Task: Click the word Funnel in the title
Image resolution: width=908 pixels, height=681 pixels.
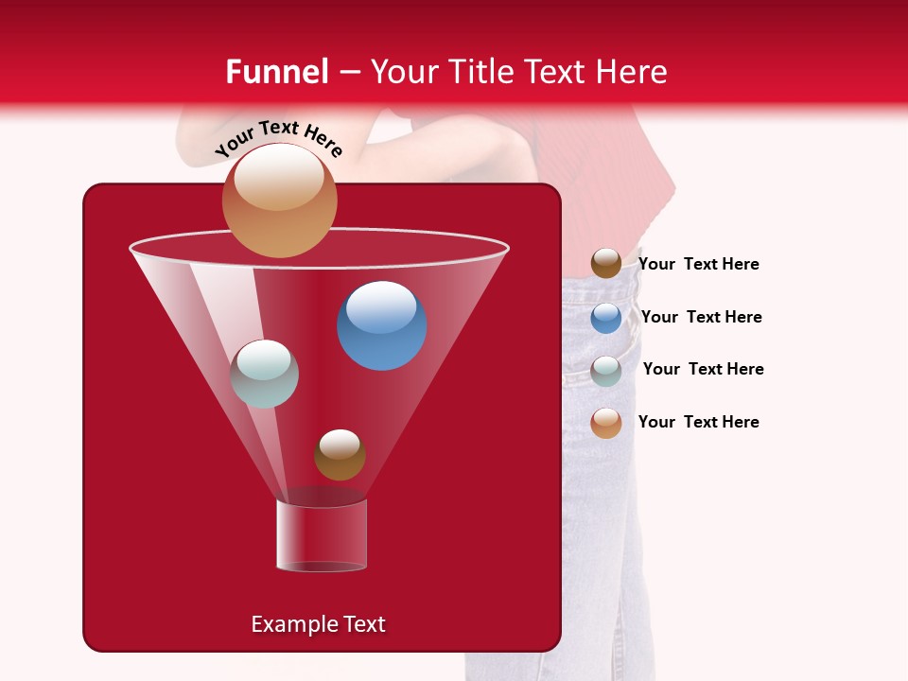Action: (276, 72)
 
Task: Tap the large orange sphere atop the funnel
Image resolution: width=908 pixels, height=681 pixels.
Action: (279, 201)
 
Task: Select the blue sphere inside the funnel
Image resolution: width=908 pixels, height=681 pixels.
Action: (382, 325)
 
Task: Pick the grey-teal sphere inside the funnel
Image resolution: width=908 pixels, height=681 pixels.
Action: (265, 374)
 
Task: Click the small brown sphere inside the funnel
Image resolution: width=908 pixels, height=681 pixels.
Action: (340, 455)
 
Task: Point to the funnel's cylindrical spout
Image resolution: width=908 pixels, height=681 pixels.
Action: (322, 534)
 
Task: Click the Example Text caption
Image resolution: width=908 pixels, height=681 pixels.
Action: (318, 624)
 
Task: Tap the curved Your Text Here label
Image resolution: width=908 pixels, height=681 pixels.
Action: (279, 138)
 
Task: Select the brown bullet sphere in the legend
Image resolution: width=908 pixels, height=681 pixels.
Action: (606, 264)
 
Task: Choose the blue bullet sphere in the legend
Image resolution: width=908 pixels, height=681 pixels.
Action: (606, 318)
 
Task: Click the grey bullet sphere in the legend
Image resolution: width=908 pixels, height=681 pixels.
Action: (606, 371)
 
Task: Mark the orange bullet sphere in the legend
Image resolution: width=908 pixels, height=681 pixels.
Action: (606, 423)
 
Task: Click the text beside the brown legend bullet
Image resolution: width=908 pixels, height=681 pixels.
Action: (698, 264)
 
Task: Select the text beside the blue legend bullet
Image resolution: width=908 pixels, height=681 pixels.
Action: (701, 317)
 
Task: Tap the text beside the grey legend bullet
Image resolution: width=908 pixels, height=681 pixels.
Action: (703, 369)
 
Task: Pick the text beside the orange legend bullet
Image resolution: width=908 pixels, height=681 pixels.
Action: (698, 422)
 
